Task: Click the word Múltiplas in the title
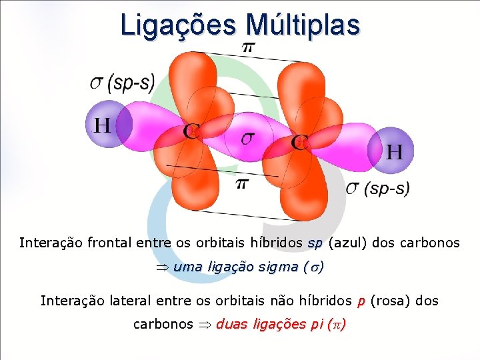click(303, 25)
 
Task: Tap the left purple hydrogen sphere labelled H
click(103, 125)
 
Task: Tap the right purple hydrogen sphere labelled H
click(393, 151)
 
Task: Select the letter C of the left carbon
click(191, 131)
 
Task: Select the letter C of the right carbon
click(299, 143)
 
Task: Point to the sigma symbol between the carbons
click(247, 138)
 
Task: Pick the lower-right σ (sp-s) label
click(377, 189)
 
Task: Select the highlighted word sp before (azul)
click(315, 243)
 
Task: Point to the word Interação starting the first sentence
click(53, 243)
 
